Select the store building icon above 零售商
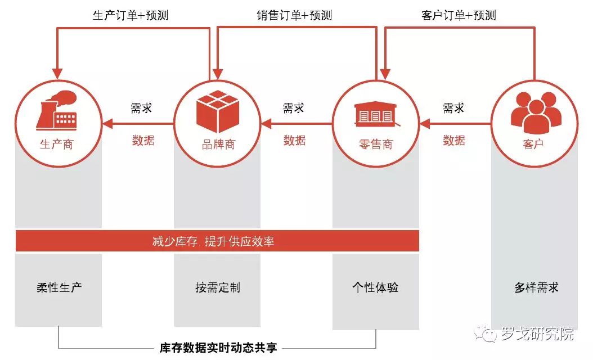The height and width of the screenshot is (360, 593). tap(376, 113)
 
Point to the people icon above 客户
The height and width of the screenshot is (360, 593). tap(535, 109)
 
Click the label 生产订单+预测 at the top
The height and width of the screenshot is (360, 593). tap(131, 16)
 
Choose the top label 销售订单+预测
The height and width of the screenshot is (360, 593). tap(294, 16)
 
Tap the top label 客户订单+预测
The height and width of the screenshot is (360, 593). tap(459, 16)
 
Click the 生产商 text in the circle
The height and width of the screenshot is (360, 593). tap(56, 145)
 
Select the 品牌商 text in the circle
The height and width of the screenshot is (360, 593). tap(218, 145)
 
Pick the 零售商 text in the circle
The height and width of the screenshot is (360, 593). tap(376, 145)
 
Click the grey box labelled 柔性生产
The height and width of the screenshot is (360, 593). tap(59, 288)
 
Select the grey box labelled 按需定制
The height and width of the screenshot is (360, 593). tap(217, 288)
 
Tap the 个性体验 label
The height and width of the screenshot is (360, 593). tap(375, 287)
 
